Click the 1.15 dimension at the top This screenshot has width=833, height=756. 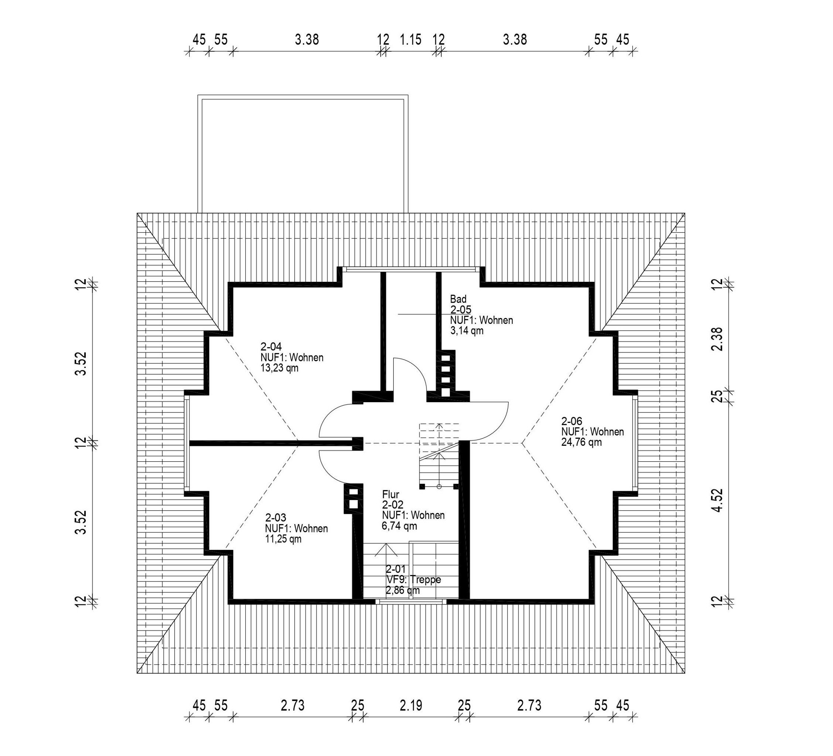pyautogui.click(x=411, y=40)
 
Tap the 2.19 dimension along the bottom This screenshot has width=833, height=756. pyautogui.click(x=411, y=705)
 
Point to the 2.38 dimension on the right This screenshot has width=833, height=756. pyautogui.click(x=717, y=339)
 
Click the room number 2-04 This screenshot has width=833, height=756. pyautogui.click(x=271, y=346)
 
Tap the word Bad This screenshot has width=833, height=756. pyautogui.click(x=458, y=299)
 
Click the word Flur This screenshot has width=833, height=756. pyautogui.click(x=390, y=494)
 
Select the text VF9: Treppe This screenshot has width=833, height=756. pyautogui.click(x=413, y=579)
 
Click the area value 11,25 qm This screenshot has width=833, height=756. pyautogui.click(x=283, y=539)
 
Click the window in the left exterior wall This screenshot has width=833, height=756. pyautogui.click(x=187, y=442)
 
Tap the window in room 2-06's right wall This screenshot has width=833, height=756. pyautogui.click(x=635, y=442)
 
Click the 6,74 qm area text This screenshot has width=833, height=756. pyautogui.click(x=399, y=526)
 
